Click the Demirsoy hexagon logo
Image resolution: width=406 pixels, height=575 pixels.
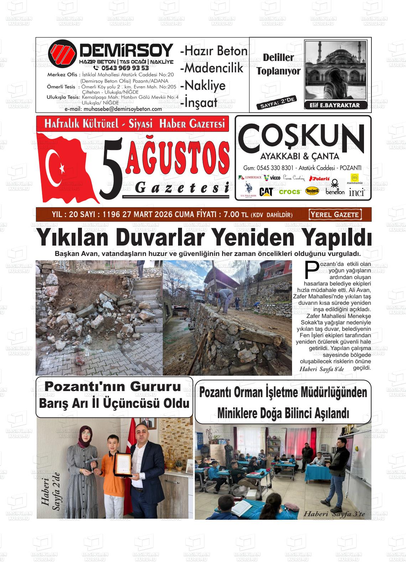(x=62, y=53)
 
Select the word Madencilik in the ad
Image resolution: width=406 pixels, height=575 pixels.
(x=214, y=68)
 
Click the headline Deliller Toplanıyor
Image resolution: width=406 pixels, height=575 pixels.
(x=279, y=64)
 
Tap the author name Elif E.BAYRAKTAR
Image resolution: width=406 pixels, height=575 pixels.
(x=332, y=105)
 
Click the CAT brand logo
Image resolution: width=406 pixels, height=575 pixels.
(x=266, y=191)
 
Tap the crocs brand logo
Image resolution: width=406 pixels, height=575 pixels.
(x=290, y=192)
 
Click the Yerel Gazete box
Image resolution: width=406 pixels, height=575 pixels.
(x=335, y=215)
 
